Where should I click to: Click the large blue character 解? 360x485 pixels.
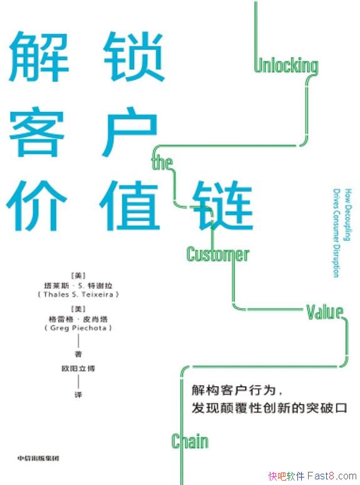pyautogui.click(x=39, y=56)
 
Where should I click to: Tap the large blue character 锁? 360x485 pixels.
pyautogui.click(x=133, y=56)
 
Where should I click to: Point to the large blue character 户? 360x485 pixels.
pyautogui.click(x=130, y=131)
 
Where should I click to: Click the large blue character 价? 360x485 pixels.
pyautogui.click(x=36, y=206)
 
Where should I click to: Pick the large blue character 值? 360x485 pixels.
pyautogui.click(x=130, y=206)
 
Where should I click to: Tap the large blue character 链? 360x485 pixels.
pyautogui.click(x=222, y=206)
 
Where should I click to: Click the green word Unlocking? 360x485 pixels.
pyautogui.click(x=286, y=66)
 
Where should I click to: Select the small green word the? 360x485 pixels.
pyautogui.click(x=162, y=163)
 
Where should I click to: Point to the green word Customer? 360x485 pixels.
pyautogui.click(x=217, y=254)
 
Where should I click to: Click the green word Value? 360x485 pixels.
pyautogui.click(x=324, y=312)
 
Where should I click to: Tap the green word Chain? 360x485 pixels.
pyautogui.click(x=190, y=441)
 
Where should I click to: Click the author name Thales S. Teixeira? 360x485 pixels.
pyautogui.click(x=78, y=295)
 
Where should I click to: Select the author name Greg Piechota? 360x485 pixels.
pyautogui.click(x=78, y=328)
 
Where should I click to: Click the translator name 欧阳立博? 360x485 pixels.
pyautogui.click(x=78, y=368)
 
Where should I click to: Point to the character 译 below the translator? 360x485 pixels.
pyautogui.click(x=78, y=395)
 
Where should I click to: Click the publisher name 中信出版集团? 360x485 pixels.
pyautogui.click(x=38, y=458)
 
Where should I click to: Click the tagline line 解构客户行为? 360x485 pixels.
pyautogui.click(x=234, y=390)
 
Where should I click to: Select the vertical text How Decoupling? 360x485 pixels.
pyautogui.click(x=348, y=215)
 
